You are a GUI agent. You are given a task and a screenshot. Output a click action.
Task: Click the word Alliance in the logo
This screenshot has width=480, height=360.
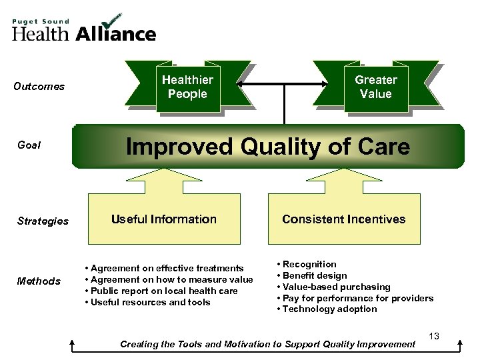(x=116, y=33)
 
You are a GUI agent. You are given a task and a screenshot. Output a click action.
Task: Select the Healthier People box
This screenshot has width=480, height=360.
(x=187, y=87)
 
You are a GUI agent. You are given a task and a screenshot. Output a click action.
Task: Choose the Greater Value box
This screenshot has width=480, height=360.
(x=375, y=87)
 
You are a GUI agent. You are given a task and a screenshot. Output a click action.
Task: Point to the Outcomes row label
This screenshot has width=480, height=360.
(x=39, y=87)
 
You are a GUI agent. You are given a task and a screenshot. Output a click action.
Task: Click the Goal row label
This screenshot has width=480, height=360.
(x=29, y=145)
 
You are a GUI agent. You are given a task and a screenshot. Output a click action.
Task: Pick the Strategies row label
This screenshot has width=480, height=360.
(x=41, y=221)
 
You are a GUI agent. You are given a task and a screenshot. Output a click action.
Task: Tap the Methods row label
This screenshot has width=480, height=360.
(x=39, y=281)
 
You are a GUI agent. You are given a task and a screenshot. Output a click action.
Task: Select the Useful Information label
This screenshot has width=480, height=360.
(x=163, y=219)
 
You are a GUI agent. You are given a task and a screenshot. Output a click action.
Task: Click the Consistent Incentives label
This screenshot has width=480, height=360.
(x=343, y=219)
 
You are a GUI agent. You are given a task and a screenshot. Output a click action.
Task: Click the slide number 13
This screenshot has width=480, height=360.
(x=433, y=337)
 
